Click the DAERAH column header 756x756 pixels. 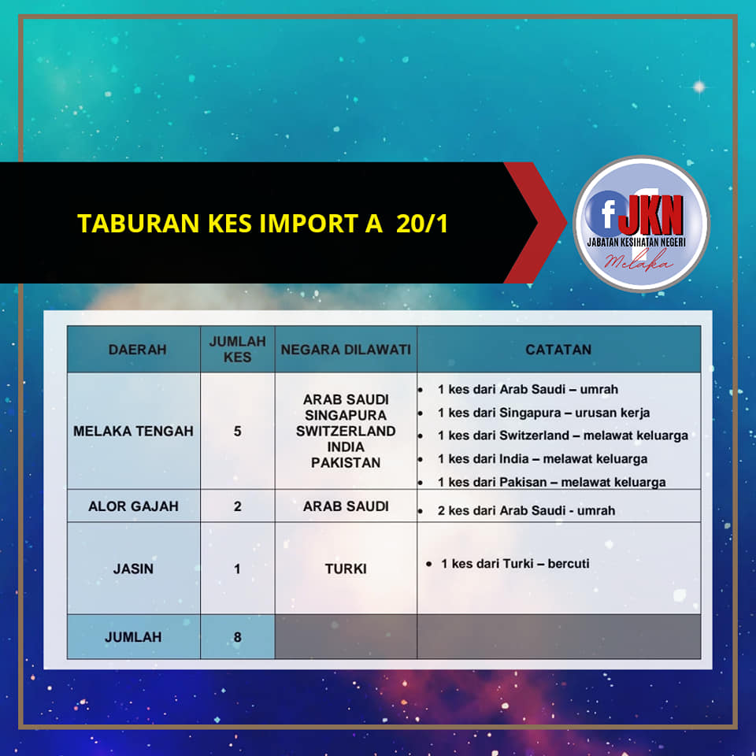coord(137,350)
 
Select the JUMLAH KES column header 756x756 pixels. coord(237,349)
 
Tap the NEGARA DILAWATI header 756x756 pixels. coord(346,350)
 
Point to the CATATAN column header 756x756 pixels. coord(558,350)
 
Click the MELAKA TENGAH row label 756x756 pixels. coord(133,431)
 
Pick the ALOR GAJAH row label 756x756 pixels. coord(133,506)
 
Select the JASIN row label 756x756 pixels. coord(133,569)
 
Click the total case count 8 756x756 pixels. coord(237,637)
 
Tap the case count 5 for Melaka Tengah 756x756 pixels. coord(237,431)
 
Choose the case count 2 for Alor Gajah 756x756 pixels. coord(237,506)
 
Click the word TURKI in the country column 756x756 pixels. coord(346,569)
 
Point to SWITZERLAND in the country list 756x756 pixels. coord(346,431)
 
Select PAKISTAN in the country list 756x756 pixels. coord(346,463)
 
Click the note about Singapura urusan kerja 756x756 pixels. coord(543,413)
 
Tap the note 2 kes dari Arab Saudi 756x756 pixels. coord(526,510)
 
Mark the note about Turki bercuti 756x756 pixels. coord(515,564)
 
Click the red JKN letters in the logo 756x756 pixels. coord(650,214)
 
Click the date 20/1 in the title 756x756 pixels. coord(422,224)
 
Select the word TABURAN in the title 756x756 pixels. coord(139,224)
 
